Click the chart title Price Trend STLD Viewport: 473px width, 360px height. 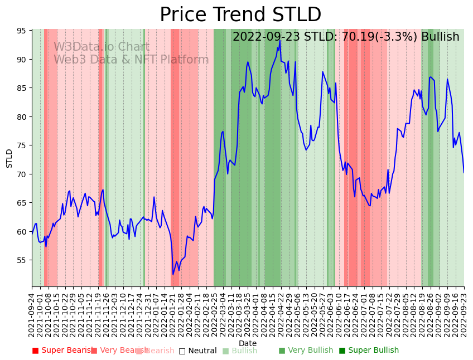tap(240, 15)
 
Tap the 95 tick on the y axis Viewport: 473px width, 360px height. tap(21, 31)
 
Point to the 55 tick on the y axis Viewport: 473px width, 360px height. tap(21, 260)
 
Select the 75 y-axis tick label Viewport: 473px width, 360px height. tap(21, 145)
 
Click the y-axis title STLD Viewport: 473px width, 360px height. tap(9, 158)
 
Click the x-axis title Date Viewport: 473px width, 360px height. tap(248, 344)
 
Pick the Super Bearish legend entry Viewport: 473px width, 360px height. tap(62, 351)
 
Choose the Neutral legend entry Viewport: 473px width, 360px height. tap(197, 351)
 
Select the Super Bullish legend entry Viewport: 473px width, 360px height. tap(369, 351)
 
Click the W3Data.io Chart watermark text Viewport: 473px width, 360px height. tap(102, 47)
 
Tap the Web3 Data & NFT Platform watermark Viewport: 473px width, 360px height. tap(131, 60)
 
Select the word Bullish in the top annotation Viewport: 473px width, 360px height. tap(440, 37)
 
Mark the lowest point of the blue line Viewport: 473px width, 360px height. tap(173, 274)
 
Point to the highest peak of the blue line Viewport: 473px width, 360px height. tap(280, 40)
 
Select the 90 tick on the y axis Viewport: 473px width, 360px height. tap(21, 60)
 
